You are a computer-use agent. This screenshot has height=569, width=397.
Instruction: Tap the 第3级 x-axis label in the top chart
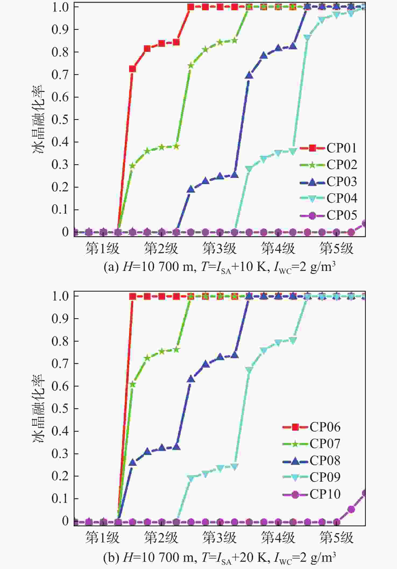point(219,249)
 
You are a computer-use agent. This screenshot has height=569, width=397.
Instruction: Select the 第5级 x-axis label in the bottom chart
point(336,538)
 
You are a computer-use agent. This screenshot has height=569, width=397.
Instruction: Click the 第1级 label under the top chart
point(102,249)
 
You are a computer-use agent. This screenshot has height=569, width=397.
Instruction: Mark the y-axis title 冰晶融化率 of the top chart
point(38,120)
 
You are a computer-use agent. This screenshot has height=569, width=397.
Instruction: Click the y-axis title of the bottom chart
point(38,409)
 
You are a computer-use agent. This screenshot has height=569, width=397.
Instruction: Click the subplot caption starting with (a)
point(219,267)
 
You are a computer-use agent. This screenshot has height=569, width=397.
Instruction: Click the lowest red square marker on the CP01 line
point(132,69)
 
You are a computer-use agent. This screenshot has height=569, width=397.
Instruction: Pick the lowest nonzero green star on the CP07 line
point(132,384)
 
